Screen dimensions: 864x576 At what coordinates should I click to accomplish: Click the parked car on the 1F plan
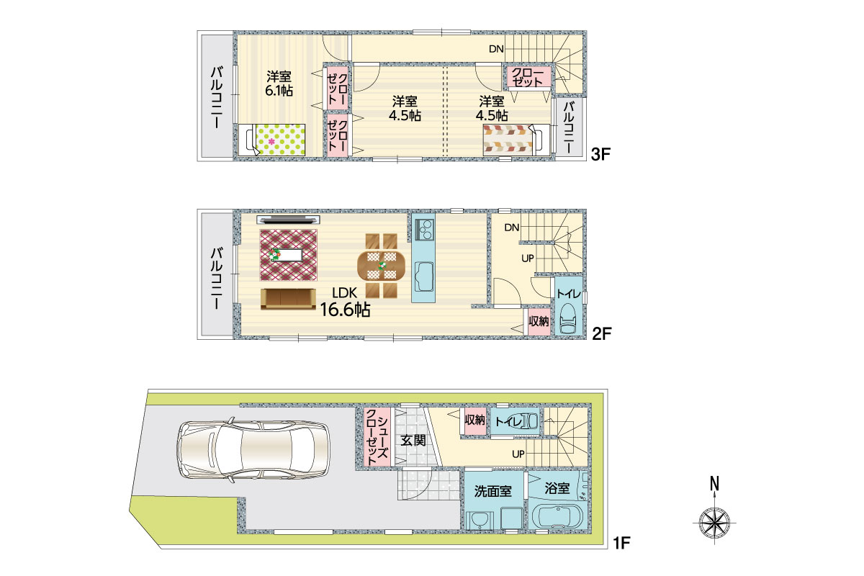tap(253, 449)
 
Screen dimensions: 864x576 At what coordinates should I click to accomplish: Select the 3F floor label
tap(601, 154)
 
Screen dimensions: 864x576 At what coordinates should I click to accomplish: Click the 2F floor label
tap(602, 333)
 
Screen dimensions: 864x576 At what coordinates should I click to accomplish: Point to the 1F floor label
tap(622, 543)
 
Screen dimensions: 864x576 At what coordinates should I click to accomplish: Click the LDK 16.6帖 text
tap(345, 302)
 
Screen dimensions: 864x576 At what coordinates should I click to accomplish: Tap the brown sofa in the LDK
tap(288, 299)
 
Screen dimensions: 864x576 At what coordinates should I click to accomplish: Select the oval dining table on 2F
tap(382, 265)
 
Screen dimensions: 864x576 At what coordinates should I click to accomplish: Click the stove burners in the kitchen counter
tap(425, 229)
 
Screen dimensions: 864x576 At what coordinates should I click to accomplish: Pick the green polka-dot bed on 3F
tap(272, 140)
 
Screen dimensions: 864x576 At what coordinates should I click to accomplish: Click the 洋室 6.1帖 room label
tap(279, 84)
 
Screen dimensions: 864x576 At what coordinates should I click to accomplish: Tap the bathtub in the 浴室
tap(558, 516)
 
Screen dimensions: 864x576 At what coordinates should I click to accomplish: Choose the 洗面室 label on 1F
tap(493, 491)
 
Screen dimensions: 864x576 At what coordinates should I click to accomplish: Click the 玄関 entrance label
tap(413, 440)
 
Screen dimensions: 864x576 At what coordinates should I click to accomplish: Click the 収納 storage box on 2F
tap(539, 321)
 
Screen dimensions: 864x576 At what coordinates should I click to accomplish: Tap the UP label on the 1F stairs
tap(518, 454)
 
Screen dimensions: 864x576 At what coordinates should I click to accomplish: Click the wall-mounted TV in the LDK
tap(288, 220)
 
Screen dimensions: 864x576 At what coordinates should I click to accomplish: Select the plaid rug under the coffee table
tap(289, 255)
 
